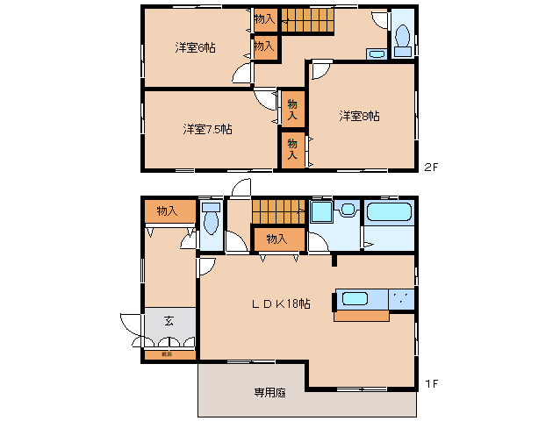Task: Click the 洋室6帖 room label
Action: (195, 47)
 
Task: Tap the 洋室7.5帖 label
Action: (207, 129)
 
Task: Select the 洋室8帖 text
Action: (360, 116)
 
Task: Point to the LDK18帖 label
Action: (281, 303)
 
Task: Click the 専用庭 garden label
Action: (270, 393)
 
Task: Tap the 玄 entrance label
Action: (168, 321)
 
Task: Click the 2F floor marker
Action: (430, 167)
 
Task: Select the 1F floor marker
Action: (430, 383)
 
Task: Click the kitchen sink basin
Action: (355, 298)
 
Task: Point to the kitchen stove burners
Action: (401, 298)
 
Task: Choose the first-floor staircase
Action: (277, 211)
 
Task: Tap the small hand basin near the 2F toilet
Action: (376, 54)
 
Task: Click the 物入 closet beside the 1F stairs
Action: (277, 239)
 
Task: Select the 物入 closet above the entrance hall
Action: (167, 210)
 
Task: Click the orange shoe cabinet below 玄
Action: (167, 355)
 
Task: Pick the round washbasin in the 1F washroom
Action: (347, 210)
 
